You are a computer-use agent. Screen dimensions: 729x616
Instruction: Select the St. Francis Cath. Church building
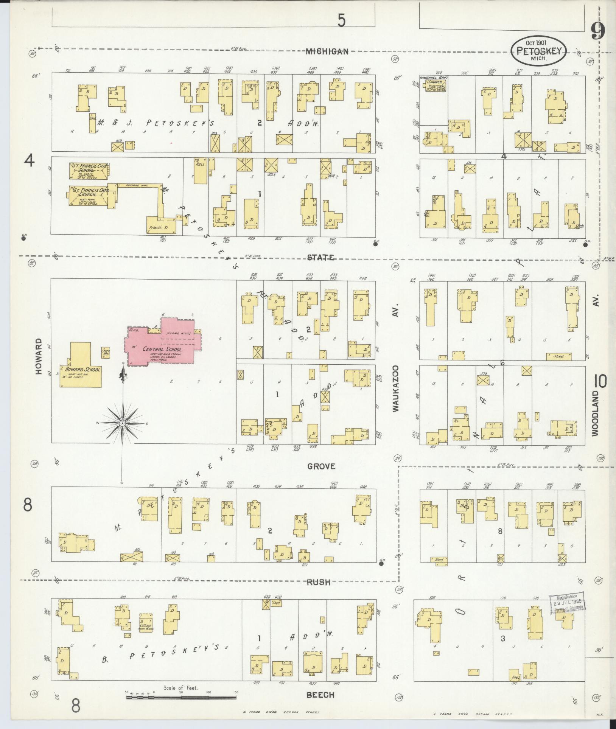pyautogui.click(x=88, y=196)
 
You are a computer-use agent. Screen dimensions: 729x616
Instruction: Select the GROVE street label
pyautogui.click(x=321, y=466)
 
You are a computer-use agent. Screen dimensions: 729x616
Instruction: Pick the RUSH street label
pyautogui.click(x=319, y=582)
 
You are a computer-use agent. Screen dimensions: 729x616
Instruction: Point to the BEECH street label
pyautogui.click(x=320, y=695)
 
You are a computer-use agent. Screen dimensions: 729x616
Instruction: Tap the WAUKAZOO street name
pyautogui.click(x=396, y=388)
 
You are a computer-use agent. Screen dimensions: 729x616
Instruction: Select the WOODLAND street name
pyautogui.click(x=596, y=413)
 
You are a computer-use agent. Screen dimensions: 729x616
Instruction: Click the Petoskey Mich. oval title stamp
pyautogui.click(x=539, y=51)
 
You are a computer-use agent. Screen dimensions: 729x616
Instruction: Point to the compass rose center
pyautogui.click(x=123, y=423)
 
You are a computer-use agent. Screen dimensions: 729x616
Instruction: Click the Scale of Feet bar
pyautogui.click(x=180, y=696)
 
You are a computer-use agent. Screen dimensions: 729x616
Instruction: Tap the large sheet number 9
pyautogui.click(x=598, y=31)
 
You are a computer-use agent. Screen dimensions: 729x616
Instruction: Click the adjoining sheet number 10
pyautogui.click(x=600, y=381)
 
